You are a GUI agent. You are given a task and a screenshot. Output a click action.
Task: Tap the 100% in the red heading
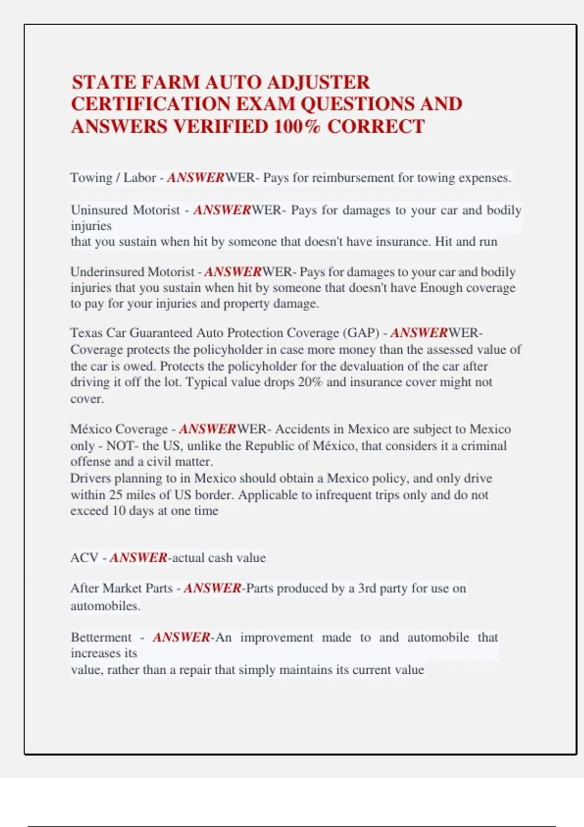coord(296,126)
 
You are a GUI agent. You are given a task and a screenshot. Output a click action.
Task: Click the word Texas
coord(86,333)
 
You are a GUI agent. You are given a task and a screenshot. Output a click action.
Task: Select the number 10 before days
coord(119,511)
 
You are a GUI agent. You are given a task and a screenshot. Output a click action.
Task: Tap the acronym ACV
coord(84,557)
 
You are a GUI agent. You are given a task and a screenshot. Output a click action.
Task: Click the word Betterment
coord(101,637)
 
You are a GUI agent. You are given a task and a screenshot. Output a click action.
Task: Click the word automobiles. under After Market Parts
coord(105,606)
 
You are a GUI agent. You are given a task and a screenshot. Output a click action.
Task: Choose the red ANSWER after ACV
coord(138,557)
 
